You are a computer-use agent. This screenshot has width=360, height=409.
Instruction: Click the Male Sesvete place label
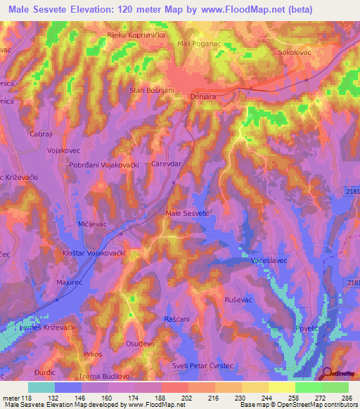tap(186, 213)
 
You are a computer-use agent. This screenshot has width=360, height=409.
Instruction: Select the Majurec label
tap(69, 282)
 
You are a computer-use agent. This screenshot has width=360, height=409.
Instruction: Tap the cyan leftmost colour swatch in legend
tap(41, 387)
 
